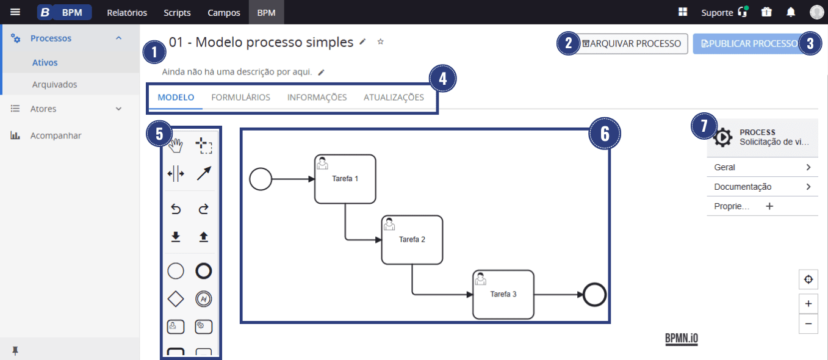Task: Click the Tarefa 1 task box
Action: [345, 179]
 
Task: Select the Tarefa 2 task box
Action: [412, 240]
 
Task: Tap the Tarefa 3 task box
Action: [503, 295]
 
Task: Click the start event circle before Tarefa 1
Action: [261, 179]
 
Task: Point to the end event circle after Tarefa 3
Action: [594, 295]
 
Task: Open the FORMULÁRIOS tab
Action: [240, 97]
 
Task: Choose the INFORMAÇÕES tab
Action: [317, 97]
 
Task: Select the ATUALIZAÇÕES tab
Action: [394, 97]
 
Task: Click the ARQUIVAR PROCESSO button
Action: [632, 43]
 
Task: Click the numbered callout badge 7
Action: [704, 126]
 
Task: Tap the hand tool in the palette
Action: [176, 146]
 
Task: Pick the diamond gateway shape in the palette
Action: [176, 298]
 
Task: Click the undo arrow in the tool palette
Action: [176, 209]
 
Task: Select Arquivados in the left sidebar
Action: [55, 85]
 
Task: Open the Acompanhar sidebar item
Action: [56, 135]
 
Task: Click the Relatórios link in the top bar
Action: [127, 13]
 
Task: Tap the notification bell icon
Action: [791, 12]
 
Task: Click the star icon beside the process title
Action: [380, 41]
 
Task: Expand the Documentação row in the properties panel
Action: [762, 187]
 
